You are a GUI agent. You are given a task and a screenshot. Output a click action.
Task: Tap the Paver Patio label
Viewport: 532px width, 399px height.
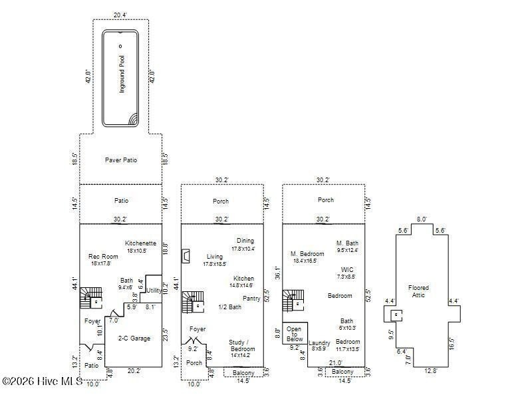[121, 160]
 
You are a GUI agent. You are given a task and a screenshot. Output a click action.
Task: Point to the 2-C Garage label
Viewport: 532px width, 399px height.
[134, 338]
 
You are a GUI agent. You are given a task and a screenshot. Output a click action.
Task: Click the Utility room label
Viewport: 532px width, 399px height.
[154, 291]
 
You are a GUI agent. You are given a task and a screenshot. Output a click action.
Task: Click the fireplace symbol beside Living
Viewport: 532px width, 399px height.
[188, 256]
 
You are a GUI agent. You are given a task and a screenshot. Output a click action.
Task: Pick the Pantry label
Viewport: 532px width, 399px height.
[251, 299]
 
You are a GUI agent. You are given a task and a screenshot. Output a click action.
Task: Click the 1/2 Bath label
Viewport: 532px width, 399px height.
[229, 307]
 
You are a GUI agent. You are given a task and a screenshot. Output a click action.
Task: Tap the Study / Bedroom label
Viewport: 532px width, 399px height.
[241, 345]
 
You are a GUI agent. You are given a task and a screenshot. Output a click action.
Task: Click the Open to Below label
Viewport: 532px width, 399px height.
[293, 334]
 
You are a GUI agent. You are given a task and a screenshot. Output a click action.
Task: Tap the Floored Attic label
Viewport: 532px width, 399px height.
[419, 292]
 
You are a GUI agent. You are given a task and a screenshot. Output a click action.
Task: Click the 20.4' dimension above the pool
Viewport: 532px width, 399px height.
[120, 14]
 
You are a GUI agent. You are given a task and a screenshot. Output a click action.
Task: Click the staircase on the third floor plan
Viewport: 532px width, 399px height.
[291, 301]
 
